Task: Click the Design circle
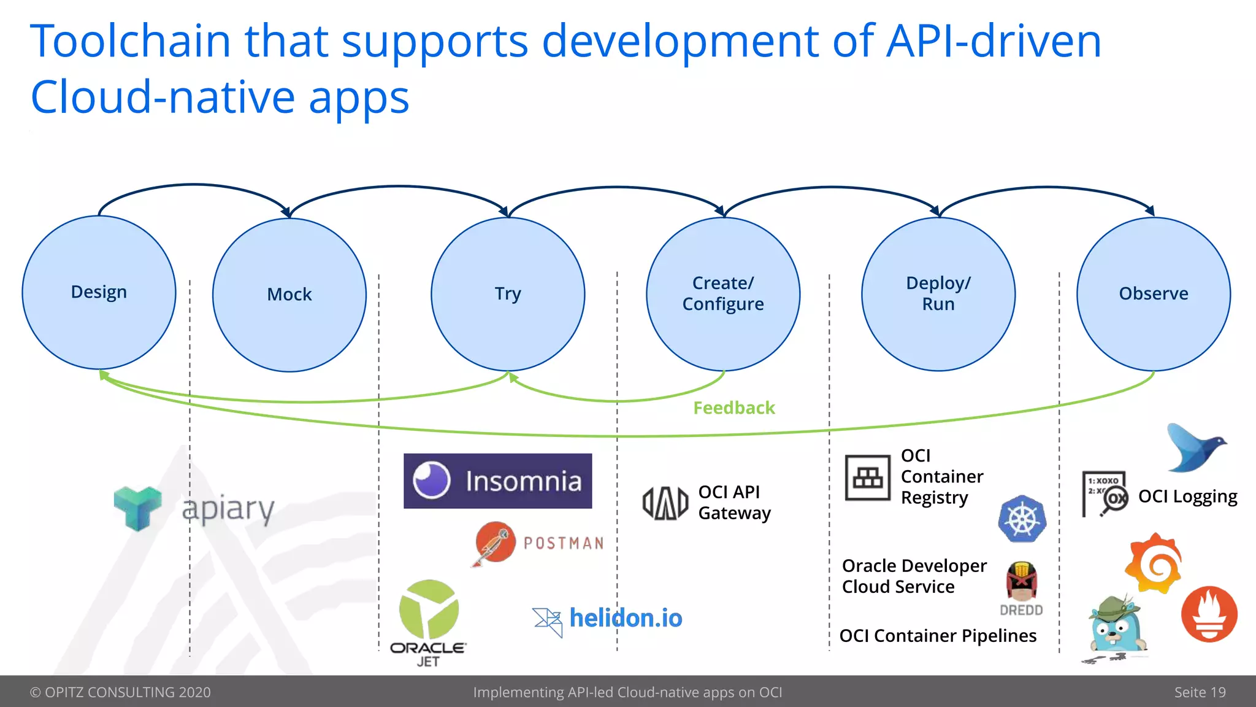click(99, 292)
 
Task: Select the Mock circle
click(289, 295)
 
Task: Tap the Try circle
click(508, 294)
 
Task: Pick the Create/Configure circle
click(723, 294)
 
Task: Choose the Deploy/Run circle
click(938, 294)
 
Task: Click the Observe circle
click(1154, 294)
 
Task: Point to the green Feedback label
click(734, 408)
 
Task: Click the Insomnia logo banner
click(497, 481)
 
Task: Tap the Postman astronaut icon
click(494, 543)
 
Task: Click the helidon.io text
click(626, 618)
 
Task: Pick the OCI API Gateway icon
click(665, 503)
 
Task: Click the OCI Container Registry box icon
click(867, 477)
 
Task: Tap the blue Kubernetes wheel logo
click(1022, 519)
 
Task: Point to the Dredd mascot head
click(1021, 581)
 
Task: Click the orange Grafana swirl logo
click(1155, 563)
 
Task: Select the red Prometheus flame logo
click(1209, 614)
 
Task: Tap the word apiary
click(228, 509)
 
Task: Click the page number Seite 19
click(1200, 692)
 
